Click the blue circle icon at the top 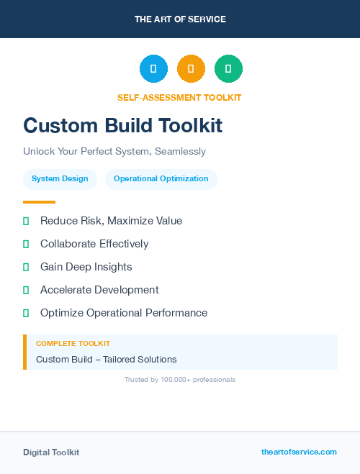(x=153, y=69)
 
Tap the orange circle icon (x=191, y=69)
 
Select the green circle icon (x=228, y=69)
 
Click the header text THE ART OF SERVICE (x=180, y=19)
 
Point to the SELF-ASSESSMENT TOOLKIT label (x=179, y=98)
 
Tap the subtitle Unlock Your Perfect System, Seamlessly (x=114, y=152)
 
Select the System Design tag (x=60, y=179)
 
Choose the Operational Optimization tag (x=161, y=179)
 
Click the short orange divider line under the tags (x=39, y=202)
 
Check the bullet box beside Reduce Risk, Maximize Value (x=26, y=222)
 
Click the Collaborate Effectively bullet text (x=94, y=244)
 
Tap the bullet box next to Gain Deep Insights (x=26, y=268)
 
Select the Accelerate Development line (x=99, y=290)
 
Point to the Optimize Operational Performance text (x=124, y=313)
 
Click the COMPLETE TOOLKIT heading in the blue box (x=73, y=344)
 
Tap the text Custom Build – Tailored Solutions (x=107, y=360)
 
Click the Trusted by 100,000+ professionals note (x=180, y=379)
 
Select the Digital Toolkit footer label (x=51, y=452)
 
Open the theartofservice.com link (x=299, y=452)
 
